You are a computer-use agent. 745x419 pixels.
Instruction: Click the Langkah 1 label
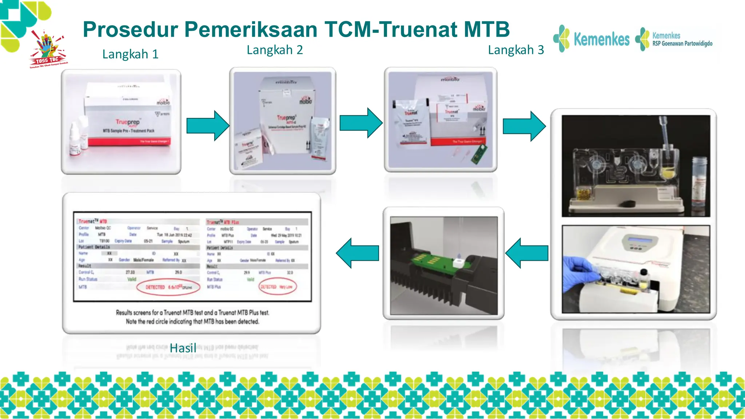(x=130, y=54)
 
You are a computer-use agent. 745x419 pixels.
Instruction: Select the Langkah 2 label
(x=275, y=50)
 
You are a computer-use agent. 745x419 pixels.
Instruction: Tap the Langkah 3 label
(x=515, y=50)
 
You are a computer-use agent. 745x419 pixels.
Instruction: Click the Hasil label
(x=183, y=348)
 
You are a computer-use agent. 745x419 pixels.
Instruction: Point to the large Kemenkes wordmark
(x=601, y=39)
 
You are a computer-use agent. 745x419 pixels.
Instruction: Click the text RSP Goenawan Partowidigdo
(x=682, y=44)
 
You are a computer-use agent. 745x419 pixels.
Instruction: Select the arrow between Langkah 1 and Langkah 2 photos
(x=208, y=126)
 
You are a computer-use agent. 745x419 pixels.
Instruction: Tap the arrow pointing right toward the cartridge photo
(x=524, y=126)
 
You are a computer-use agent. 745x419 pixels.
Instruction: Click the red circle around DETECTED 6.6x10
(x=168, y=287)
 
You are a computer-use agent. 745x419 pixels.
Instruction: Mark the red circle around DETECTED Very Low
(x=278, y=287)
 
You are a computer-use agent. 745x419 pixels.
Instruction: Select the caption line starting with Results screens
(x=192, y=312)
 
